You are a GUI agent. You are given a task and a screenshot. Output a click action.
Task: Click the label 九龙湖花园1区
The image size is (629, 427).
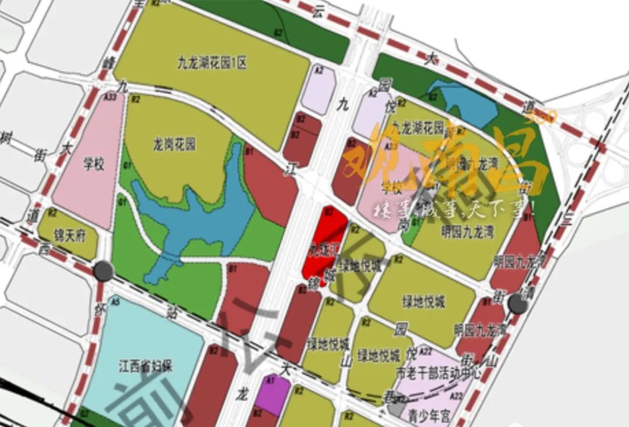pyautogui.click(x=212, y=63)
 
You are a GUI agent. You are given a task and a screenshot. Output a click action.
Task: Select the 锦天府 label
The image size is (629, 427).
pyautogui.click(x=66, y=237)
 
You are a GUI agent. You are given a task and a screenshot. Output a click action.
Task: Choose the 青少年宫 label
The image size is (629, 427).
pyautogui.click(x=430, y=416)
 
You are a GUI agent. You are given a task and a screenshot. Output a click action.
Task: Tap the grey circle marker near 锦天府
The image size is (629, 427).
pyautogui.click(x=104, y=270)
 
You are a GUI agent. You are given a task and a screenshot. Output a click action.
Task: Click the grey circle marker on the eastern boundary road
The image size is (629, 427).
pyautogui.click(x=516, y=303)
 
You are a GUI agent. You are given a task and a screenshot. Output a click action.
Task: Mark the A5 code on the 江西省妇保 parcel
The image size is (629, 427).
pyautogui.click(x=115, y=302)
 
